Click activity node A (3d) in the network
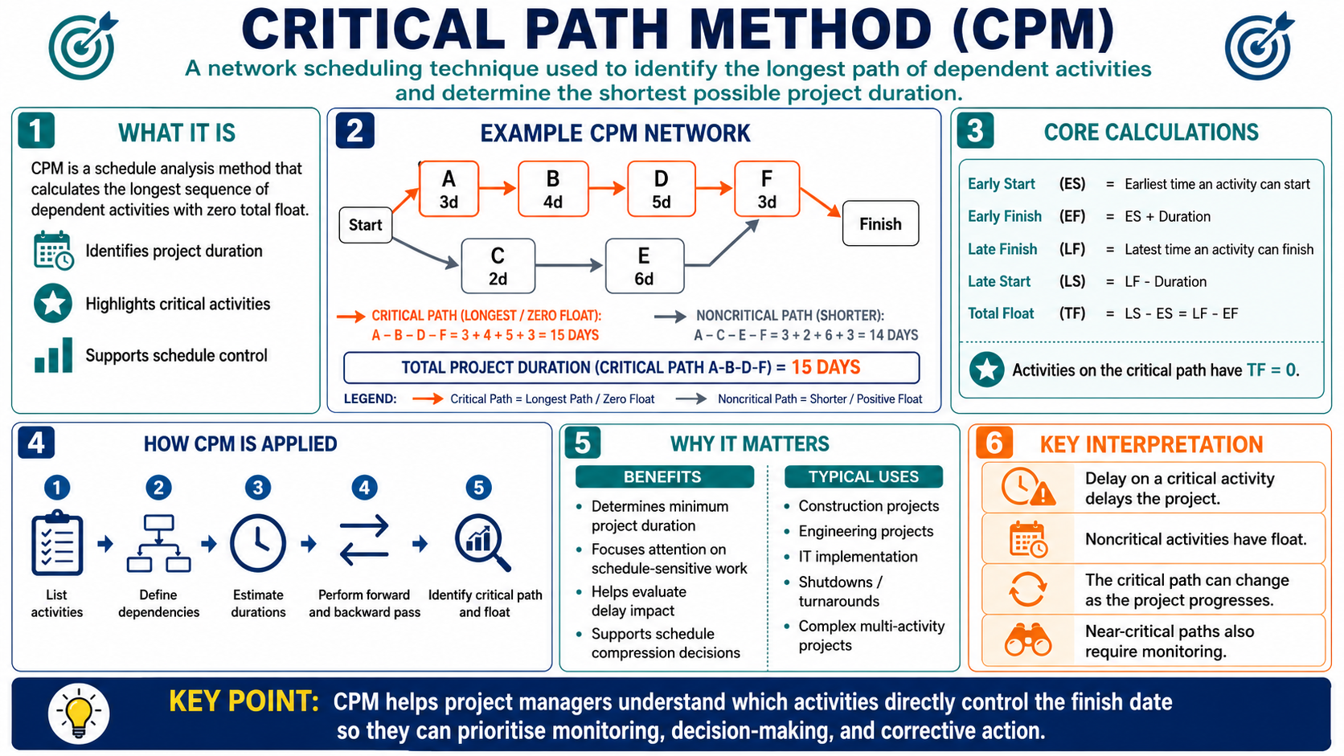click(x=449, y=189)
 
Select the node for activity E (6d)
click(x=645, y=266)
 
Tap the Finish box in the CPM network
click(x=880, y=223)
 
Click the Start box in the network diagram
click(x=366, y=225)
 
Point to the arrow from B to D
click(x=607, y=188)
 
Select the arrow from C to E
click(x=569, y=265)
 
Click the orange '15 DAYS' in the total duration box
click(x=826, y=367)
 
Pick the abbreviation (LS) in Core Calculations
click(x=1072, y=281)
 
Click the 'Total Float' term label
click(x=1001, y=313)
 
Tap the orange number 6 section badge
click(x=994, y=443)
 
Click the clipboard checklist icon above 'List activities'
click(x=57, y=542)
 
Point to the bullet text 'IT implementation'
click(x=858, y=557)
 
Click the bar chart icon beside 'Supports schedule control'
click(x=53, y=355)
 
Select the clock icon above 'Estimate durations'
click(x=258, y=543)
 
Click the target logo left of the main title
click(x=82, y=46)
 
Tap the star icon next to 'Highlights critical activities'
click(x=53, y=304)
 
